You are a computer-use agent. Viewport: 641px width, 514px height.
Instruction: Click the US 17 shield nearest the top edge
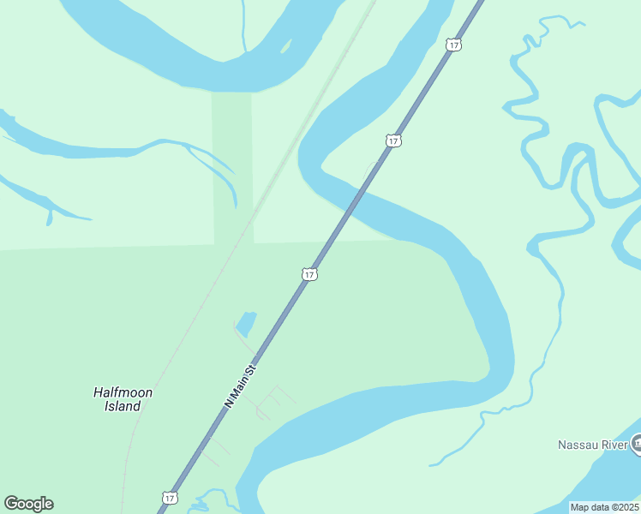point(452,44)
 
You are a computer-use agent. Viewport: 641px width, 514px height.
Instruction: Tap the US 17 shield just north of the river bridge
point(393,140)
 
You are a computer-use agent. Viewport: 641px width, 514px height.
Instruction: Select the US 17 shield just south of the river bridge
point(309,274)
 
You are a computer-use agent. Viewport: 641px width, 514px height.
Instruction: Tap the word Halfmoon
point(123,392)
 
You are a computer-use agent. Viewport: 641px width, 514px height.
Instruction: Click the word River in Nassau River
point(614,445)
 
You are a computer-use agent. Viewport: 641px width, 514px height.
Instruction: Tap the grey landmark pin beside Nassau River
point(638,443)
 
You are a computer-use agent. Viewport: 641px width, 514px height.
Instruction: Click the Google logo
point(28,504)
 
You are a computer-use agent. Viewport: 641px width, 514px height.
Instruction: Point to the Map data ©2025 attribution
point(604,507)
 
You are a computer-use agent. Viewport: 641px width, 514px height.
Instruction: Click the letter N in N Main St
point(228,403)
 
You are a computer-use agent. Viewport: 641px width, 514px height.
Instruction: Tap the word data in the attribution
point(599,507)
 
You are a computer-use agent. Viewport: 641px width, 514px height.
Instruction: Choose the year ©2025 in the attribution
point(623,507)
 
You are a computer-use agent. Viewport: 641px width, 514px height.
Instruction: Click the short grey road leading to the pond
point(244,342)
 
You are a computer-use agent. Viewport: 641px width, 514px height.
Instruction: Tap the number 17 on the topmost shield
point(452,44)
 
